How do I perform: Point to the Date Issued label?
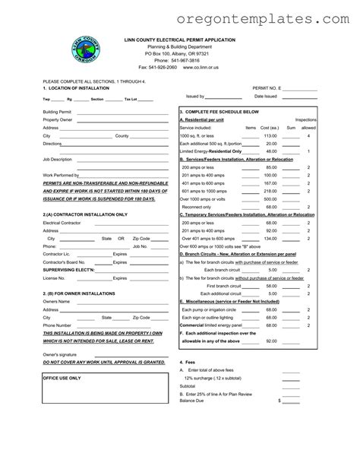tap(265, 96)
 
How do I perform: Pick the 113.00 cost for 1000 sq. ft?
tap(270, 135)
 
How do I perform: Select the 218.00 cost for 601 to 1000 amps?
tap(270, 190)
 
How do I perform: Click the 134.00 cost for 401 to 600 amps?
tap(270, 238)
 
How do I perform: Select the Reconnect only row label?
tap(196, 206)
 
